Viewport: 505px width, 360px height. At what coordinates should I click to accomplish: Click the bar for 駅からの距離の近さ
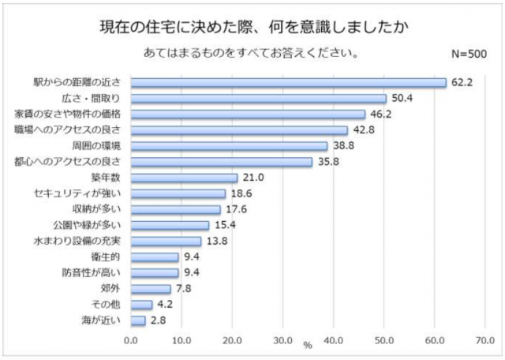[x=288, y=82]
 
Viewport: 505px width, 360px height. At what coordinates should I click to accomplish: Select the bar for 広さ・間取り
[x=258, y=98]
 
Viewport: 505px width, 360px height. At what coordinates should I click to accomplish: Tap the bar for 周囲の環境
[x=229, y=146]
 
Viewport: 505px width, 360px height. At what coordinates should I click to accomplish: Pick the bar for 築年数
[x=184, y=178]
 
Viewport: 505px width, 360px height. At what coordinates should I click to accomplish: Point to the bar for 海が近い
[x=138, y=321]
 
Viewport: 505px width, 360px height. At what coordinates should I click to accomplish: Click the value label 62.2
[x=462, y=82]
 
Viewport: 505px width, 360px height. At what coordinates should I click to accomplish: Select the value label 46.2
[x=381, y=114]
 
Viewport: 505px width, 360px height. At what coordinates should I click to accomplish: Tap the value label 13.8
[x=217, y=241]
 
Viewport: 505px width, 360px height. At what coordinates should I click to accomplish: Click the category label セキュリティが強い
[x=77, y=193]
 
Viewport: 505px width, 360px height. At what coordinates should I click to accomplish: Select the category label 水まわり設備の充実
[x=77, y=241]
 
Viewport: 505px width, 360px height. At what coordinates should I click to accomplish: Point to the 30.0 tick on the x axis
[x=282, y=341]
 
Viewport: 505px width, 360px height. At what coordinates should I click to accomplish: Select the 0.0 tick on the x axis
[x=131, y=341]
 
